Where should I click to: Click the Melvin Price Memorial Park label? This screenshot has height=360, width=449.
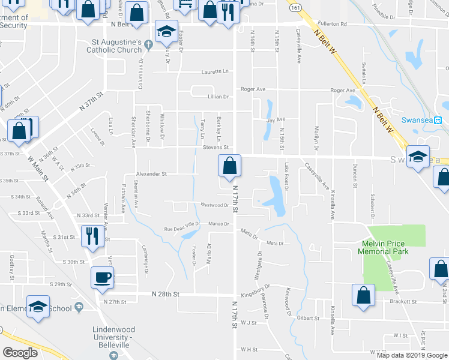[x=391, y=247]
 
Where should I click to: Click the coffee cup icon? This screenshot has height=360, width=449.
[x=101, y=277]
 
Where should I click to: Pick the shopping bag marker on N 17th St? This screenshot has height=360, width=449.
[x=229, y=166]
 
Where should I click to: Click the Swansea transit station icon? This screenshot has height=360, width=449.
[x=438, y=119]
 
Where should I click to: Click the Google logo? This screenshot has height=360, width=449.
[x=20, y=353]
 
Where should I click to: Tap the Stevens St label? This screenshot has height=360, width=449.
[x=217, y=147]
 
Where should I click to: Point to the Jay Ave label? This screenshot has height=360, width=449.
[x=276, y=120]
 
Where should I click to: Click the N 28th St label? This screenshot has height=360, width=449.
[x=166, y=295]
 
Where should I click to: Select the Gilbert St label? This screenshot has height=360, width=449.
[x=307, y=317]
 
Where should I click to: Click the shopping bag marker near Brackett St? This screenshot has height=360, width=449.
[x=363, y=296]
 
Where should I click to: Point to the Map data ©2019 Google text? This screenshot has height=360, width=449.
[x=412, y=355]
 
